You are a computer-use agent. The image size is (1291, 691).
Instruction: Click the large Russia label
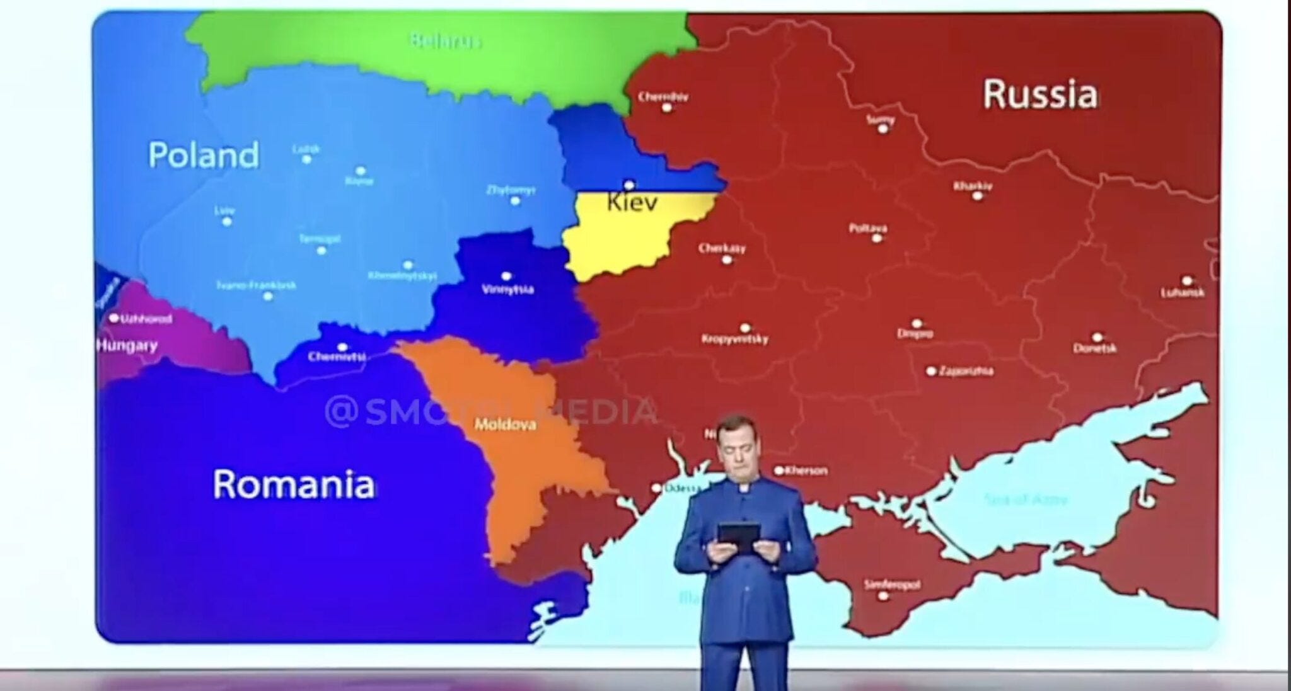[1040, 94]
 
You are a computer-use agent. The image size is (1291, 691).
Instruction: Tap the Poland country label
[203, 155]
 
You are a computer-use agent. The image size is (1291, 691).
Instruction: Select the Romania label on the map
[293, 484]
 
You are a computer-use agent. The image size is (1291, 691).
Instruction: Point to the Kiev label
[632, 202]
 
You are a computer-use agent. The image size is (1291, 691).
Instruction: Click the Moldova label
[505, 425]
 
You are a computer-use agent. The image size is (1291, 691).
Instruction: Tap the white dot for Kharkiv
[977, 197]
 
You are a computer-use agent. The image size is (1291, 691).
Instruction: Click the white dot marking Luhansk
[1187, 281]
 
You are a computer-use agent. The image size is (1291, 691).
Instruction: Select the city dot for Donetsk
[1097, 338]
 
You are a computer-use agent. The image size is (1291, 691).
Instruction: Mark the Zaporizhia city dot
[931, 371]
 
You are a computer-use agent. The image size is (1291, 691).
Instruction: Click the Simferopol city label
[891, 585]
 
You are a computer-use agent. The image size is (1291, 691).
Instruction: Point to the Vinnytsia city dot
[506, 277]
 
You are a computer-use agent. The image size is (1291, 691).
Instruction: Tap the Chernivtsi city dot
[342, 348]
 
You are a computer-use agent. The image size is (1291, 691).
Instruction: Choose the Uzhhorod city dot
[114, 318]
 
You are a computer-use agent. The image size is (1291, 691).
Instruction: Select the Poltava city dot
[876, 239]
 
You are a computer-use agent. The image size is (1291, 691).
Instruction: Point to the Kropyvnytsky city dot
[745, 328]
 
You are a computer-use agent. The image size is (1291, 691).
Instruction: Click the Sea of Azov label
[1026, 500]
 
